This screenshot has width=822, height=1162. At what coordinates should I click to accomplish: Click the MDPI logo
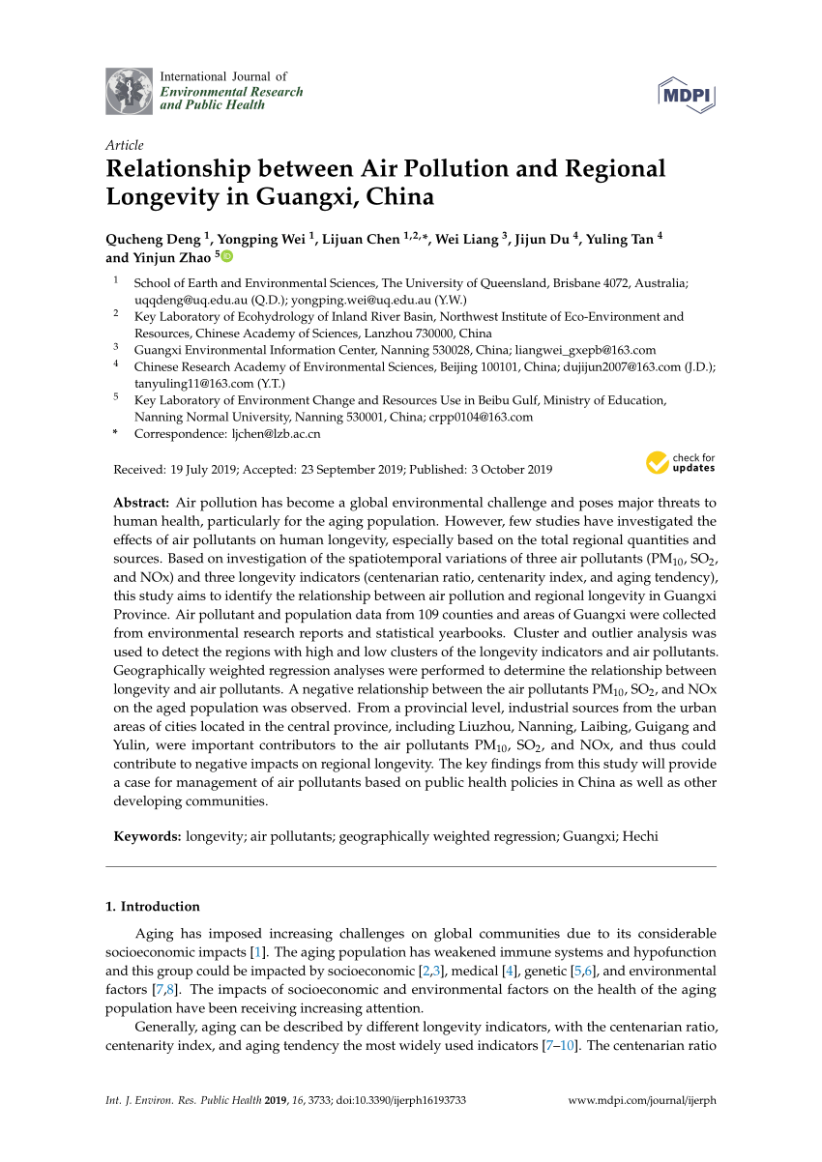point(688,93)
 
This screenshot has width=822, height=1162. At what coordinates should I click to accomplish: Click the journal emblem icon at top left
point(129,92)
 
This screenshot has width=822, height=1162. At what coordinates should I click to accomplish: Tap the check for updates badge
point(681,462)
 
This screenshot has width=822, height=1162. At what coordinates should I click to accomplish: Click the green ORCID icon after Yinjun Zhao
point(226,257)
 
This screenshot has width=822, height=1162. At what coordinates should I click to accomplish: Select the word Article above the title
point(124,145)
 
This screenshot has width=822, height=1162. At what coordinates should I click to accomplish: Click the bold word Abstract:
point(142,503)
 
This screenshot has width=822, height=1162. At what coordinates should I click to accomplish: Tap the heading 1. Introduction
point(152,907)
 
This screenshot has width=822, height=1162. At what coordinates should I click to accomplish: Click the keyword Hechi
point(639,836)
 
